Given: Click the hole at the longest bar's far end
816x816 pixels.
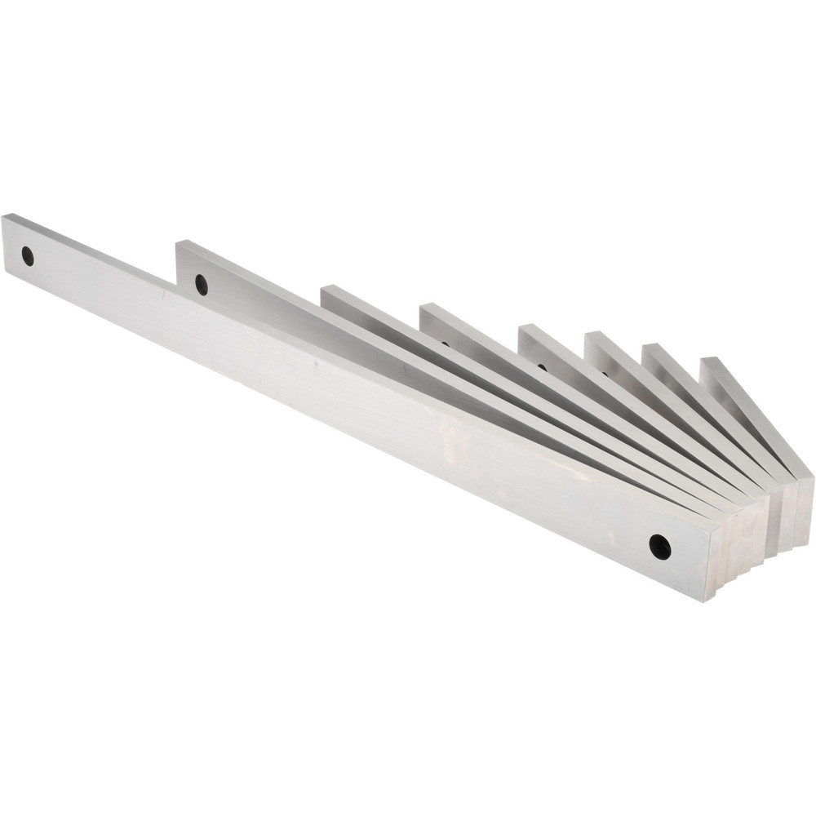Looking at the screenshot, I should pos(28,255).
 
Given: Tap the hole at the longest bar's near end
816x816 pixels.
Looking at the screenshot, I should pos(659,546).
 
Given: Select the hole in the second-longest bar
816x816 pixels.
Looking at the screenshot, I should pos(202,285).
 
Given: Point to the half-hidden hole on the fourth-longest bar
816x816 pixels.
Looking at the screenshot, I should pos(445,344).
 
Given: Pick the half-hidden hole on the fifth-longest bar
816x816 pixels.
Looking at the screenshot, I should pos(542,366).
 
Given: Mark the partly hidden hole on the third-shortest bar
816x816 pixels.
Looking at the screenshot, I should pos(605,373).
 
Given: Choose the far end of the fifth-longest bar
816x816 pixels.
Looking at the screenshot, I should pos(527,335).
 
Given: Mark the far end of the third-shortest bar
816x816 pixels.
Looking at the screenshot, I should pos(593,342).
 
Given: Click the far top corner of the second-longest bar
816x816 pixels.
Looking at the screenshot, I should pos(178,242).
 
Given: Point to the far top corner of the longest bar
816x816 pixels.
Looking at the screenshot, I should pos(3,216).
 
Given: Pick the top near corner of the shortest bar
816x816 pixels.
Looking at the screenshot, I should pos(813,476).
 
